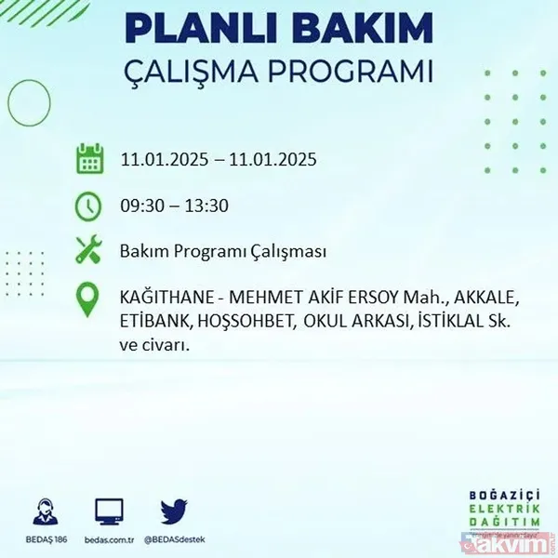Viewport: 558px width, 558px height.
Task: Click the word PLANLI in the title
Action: tap(194, 28)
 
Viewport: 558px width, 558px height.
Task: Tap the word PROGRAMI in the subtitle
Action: tap(358, 71)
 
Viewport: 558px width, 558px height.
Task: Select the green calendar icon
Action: tap(89, 159)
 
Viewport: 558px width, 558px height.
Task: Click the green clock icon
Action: tap(89, 206)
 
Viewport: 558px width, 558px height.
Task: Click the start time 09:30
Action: tap(140, 206)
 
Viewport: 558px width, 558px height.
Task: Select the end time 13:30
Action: tap(207, 206)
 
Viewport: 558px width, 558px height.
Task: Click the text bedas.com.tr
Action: tap(109, 538)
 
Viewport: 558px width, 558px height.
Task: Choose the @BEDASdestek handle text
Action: tap(174, 538)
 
